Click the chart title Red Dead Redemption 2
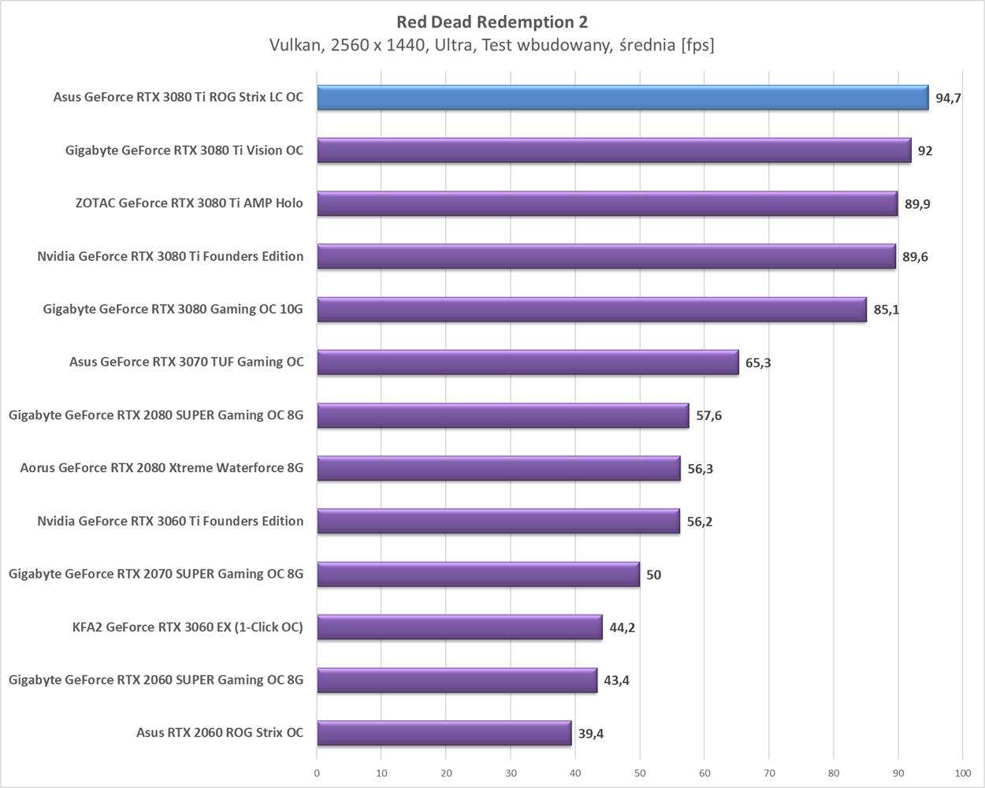(492, 21)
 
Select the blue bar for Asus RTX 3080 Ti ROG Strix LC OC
(623, 98)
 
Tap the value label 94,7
(948, 98)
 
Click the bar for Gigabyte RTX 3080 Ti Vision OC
(614, 151)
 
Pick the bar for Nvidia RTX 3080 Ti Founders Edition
(606, 256)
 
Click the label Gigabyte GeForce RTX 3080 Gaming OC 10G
(173, 309)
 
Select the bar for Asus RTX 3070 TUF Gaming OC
(528, 362)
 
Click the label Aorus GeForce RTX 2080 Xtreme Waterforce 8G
(162, 468)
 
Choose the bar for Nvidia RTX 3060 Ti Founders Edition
(498, 521)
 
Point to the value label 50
(653, 574)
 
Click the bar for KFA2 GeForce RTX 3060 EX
(459, 627)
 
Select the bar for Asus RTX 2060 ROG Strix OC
(444, 733)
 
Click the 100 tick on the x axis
(962, 773)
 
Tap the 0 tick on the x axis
(317, 773)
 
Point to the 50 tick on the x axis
(640, 773)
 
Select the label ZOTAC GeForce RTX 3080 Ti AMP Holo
(189, 203)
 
